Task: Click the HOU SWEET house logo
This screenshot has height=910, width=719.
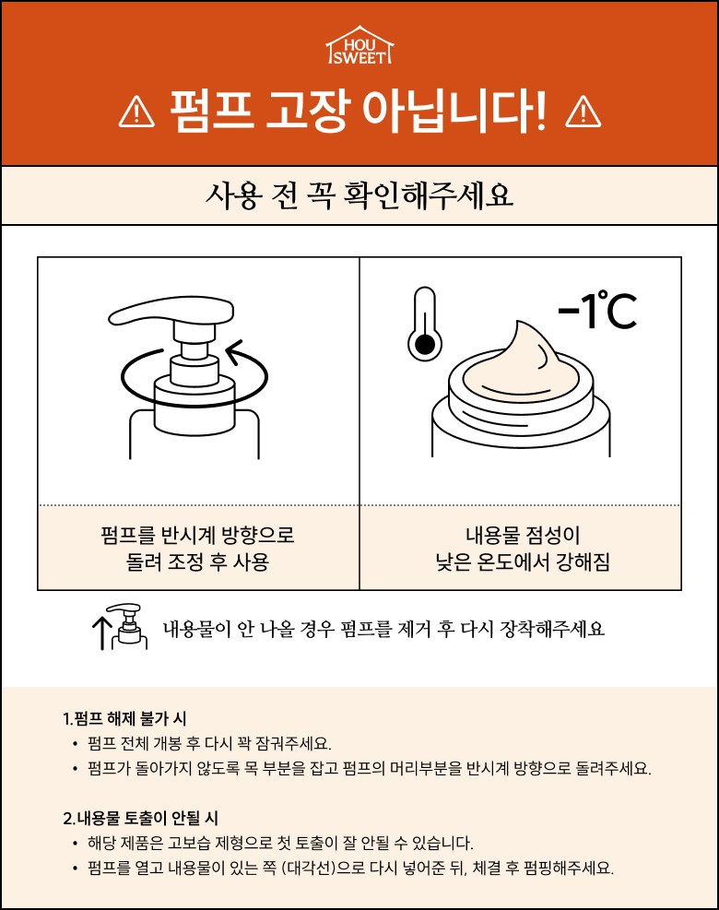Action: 359,44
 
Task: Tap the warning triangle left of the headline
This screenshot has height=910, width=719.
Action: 137,112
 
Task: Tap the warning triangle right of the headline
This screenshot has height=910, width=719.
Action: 583,112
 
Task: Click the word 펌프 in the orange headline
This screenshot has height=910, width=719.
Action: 211,111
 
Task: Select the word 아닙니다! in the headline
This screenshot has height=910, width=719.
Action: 454,111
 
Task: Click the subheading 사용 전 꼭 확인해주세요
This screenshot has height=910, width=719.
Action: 359,195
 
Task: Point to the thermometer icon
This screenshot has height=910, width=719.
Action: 425,323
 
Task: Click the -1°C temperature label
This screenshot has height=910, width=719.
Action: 597,311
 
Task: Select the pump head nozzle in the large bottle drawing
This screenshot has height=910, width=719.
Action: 171,313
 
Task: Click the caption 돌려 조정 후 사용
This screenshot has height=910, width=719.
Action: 197,561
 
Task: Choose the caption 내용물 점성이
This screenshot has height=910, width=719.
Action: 523,535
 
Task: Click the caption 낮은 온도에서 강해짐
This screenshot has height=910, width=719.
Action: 523,561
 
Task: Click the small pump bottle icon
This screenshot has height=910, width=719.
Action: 129,626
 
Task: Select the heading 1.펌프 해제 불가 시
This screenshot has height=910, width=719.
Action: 124,718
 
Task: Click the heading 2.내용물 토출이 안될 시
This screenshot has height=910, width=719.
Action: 140,819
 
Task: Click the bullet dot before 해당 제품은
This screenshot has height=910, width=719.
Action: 75,844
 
